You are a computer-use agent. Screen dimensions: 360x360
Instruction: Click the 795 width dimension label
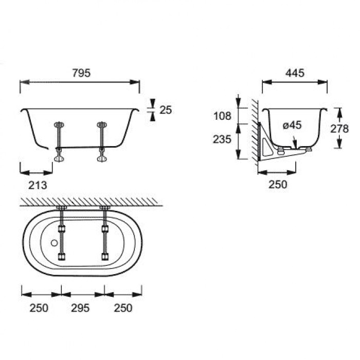tap(81, 73)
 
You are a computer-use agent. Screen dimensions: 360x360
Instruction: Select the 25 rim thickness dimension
tap(166, 110)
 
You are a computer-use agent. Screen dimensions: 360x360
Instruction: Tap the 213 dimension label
tap(38, 185)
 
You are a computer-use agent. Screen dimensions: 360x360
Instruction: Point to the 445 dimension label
tap(295, 73)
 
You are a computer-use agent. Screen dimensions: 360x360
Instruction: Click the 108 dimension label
tap(222, 116)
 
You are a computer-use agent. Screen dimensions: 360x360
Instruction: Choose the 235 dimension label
tap(222, 139)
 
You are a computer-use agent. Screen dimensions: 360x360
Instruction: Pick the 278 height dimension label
tap(339, 129)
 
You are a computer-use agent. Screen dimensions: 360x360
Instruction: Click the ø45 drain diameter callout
tap(292, 125)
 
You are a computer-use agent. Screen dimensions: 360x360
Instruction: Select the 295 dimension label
tap(80, 308)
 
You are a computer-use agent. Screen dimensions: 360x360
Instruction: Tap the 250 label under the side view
tap(278, 184)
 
